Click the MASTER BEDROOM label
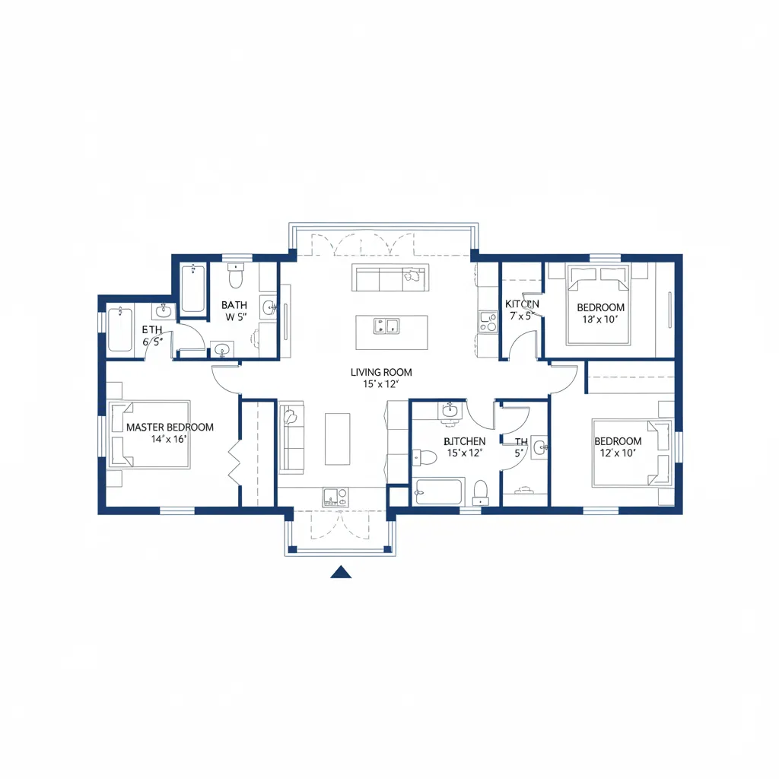(170, 428)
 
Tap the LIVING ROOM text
(381, 372)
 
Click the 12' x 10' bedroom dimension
(617, 453)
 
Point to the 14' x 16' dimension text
(169, 439)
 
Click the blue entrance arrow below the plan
(341, 572)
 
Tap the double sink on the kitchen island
(386, 327)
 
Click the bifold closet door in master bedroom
(234, 464)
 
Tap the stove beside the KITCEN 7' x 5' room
(487, 321)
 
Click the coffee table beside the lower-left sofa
(337, 439)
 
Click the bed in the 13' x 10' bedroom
(599, 304)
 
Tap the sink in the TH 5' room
(539, 447)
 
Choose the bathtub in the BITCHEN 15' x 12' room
(440, 491)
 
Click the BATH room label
(234, 305)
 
